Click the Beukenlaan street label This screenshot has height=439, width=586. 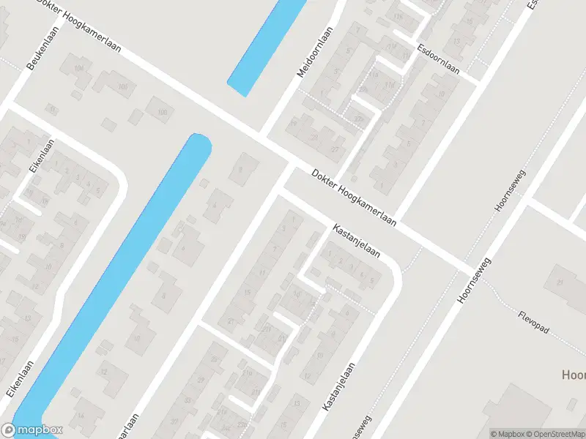pyautogui.click(x=42, y=53)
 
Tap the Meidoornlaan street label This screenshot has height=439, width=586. pyautogui.click(x=315, y=52)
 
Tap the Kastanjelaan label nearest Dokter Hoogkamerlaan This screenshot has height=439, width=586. pyautogui.click(x=357, y=241)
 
